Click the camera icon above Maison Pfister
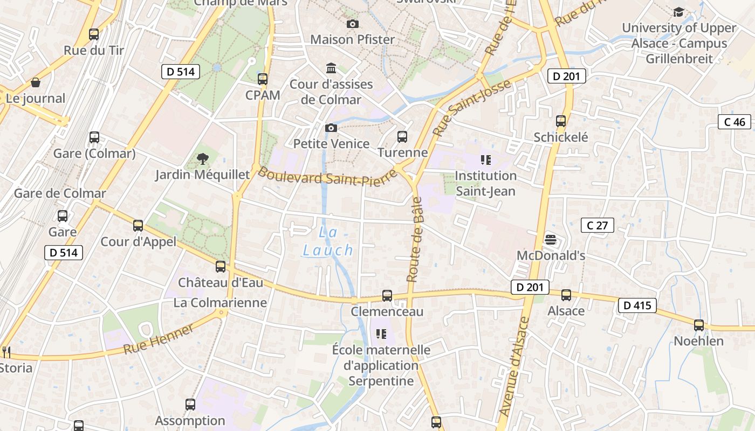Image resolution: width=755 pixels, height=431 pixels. tap(352, 24)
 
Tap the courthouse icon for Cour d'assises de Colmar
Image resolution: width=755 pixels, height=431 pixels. tap(331, 68)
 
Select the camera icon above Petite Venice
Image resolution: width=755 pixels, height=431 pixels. tap(331, 128)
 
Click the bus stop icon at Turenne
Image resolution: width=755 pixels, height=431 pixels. tap(402, 137)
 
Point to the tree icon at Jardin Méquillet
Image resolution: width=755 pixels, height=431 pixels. tap(203, 158)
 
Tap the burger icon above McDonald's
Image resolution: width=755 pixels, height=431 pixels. tap(551, 239)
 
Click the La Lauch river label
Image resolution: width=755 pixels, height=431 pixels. tap(328, 241)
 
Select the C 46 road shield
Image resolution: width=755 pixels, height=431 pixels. tap(735, 122)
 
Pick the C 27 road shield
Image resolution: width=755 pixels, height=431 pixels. tap(597, 225)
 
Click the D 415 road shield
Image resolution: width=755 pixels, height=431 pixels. tap(637, 305)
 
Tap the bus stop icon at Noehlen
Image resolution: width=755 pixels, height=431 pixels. tap(699, 325)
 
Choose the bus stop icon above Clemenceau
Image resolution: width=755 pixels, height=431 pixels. tap(387, 295)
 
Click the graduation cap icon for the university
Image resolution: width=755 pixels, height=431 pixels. tap(678, 12)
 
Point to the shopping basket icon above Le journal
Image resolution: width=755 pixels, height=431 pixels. tap(36, 82)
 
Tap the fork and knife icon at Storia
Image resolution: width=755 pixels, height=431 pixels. tap(6, 352)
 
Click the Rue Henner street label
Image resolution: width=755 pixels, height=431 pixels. tap(158, 339)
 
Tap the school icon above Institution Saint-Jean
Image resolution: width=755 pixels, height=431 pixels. tap(485, 160)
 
